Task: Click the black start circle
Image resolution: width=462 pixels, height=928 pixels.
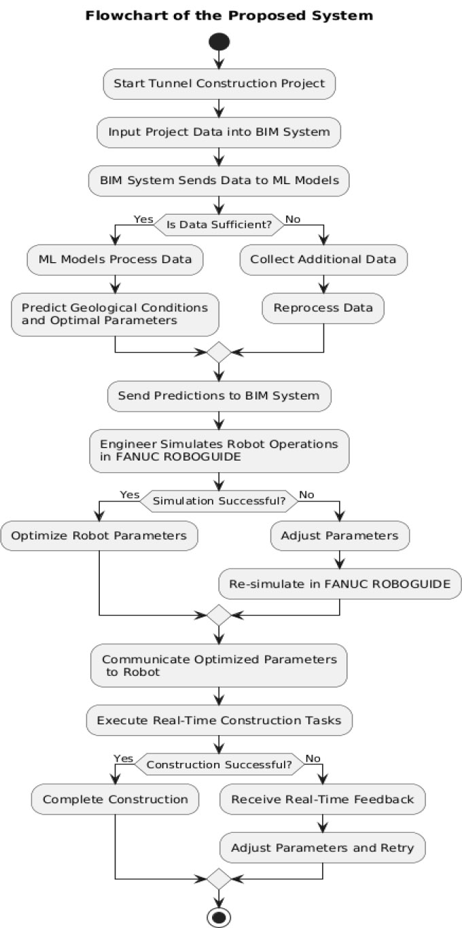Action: tap(219, 41)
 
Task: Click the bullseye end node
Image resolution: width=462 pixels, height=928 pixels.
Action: tap(219, 917)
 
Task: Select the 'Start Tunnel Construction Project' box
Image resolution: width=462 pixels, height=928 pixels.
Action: tap(219, 84)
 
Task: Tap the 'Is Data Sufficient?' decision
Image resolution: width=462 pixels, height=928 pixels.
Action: tap(219, 225)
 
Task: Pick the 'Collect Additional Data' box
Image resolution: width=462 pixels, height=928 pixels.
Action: tap(323, 260)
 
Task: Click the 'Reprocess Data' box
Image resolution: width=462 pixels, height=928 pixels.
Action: tap(323, 308)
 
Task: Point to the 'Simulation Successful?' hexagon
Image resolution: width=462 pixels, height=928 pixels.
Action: tap(219, 501)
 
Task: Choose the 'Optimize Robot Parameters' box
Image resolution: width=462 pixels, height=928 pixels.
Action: tap(99, 535)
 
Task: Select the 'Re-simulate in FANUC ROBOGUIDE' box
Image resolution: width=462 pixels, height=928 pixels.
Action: tap(340, 584)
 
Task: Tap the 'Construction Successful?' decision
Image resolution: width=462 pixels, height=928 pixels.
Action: tap(219, 764)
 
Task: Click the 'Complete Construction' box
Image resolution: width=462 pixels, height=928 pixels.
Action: tap(115, 799)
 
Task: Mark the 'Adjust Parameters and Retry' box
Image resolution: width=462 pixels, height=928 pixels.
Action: tap(322, 848)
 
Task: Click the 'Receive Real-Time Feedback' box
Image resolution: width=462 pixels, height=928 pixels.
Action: tap(322, 799)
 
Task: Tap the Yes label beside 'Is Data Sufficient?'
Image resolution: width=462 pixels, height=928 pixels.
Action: tap(143, 219)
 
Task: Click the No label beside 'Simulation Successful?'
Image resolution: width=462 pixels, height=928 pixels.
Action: tap(306, 495)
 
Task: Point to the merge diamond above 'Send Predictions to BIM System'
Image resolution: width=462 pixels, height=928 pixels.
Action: tap(219, 353)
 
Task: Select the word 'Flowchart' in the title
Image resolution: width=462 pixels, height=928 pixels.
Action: tap(120, 16)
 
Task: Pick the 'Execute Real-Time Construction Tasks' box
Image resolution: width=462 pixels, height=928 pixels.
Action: tap(219, 720)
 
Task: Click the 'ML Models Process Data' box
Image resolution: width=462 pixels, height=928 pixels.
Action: tap(115, 260)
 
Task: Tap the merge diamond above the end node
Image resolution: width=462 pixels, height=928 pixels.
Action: tap(219, 878)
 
